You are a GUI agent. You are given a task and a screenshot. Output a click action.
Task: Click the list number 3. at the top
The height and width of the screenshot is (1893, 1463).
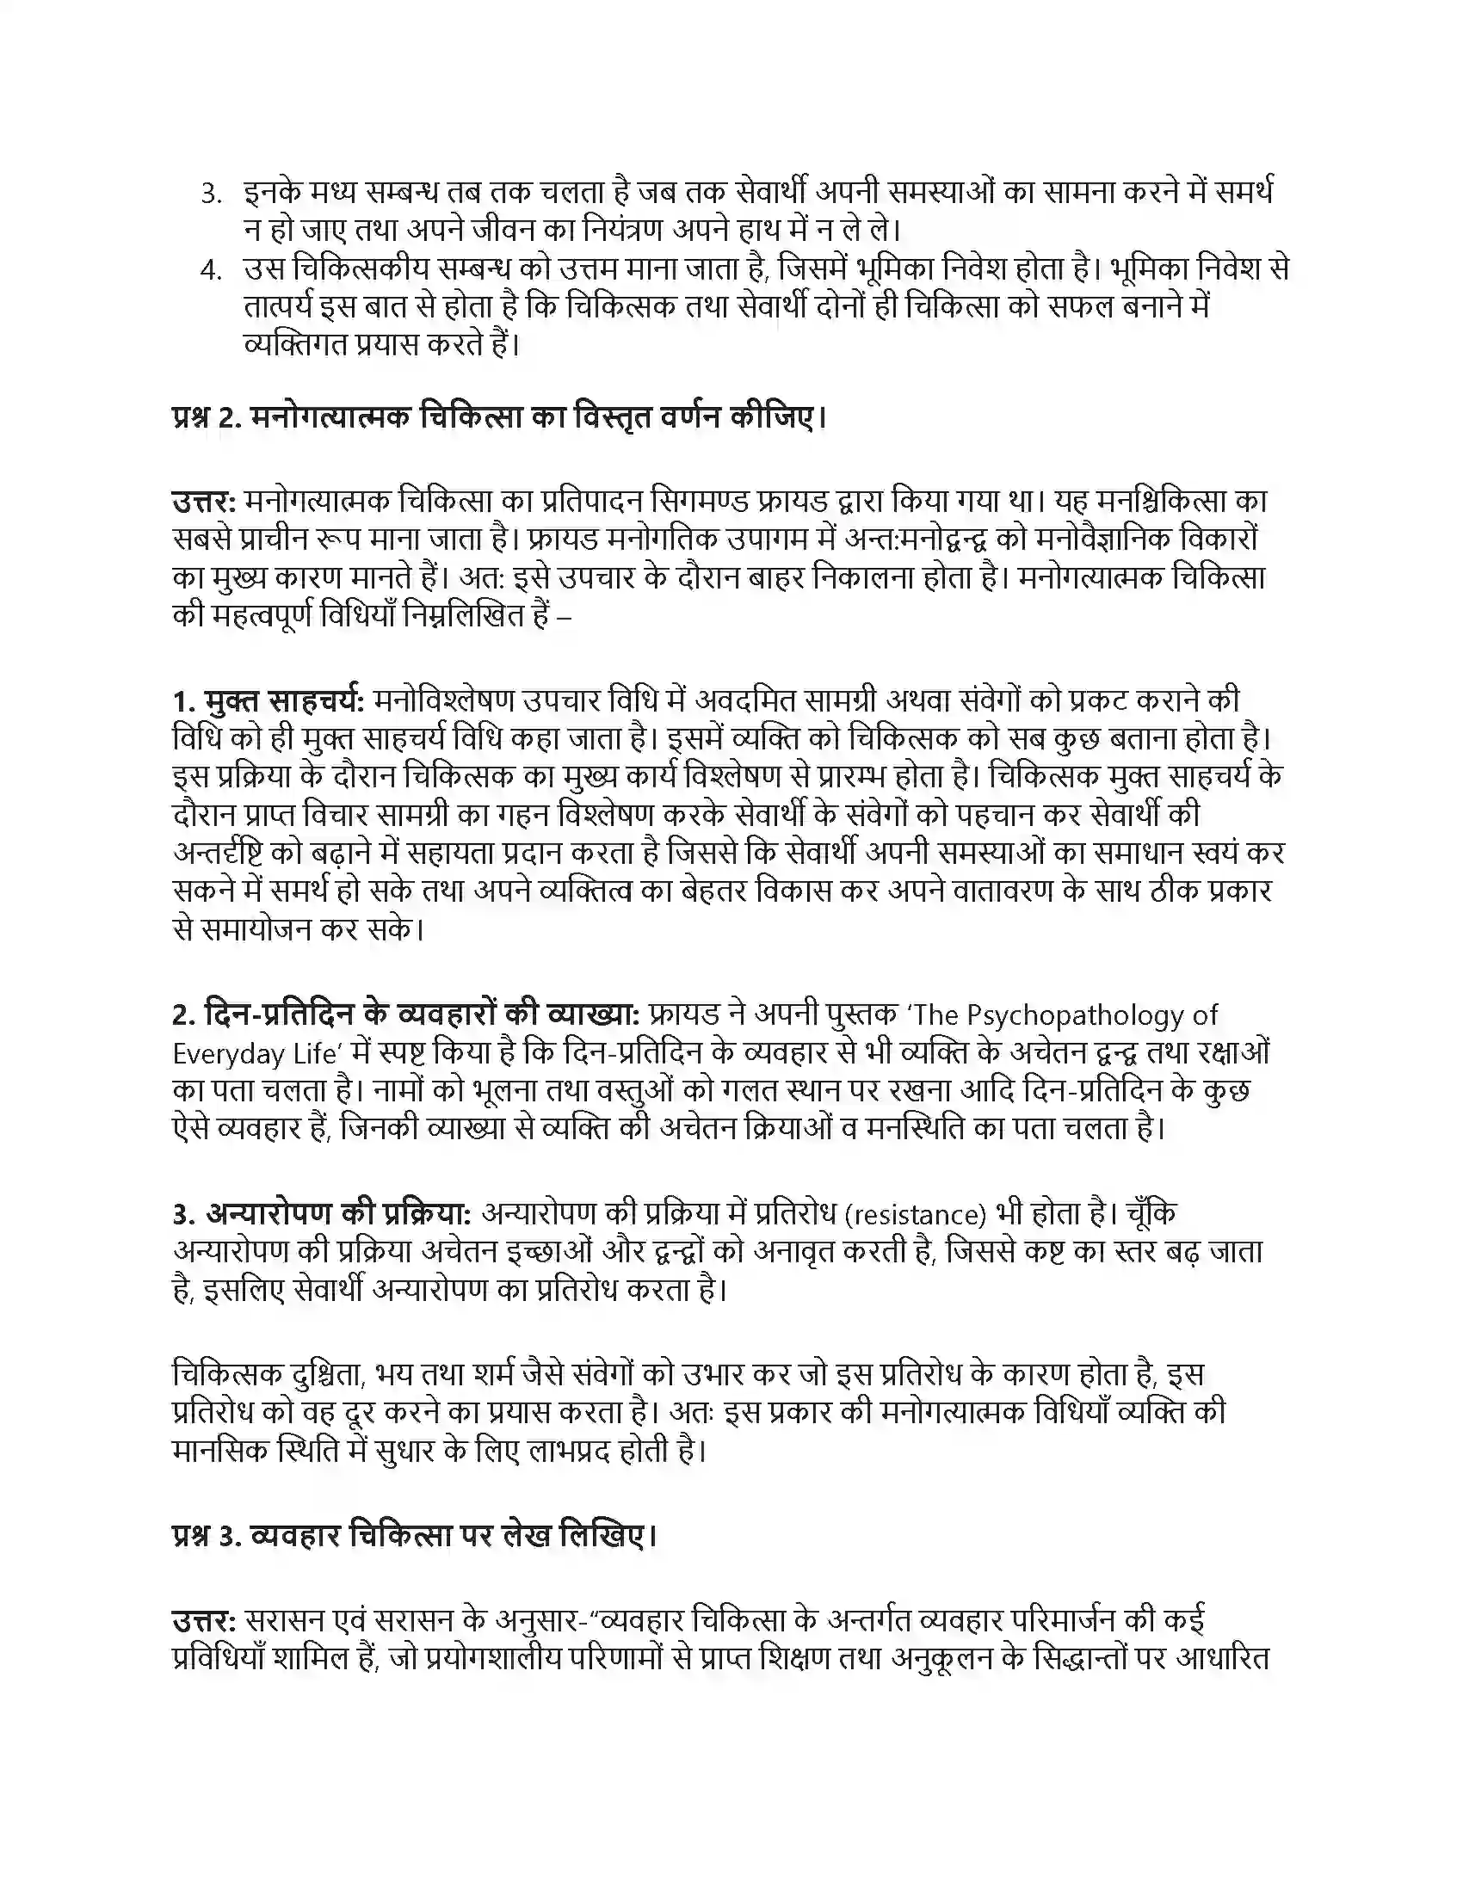pos(212,194)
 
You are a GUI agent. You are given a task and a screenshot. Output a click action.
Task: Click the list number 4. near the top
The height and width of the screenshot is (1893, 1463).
pos(212,270)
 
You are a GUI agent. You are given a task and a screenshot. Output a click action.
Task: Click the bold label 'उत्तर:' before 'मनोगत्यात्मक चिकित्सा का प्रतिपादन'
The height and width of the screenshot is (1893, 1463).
pos(205,501)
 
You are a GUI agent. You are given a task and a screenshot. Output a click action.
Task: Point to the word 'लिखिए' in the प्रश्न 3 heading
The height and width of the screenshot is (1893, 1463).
pos(608,1536)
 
